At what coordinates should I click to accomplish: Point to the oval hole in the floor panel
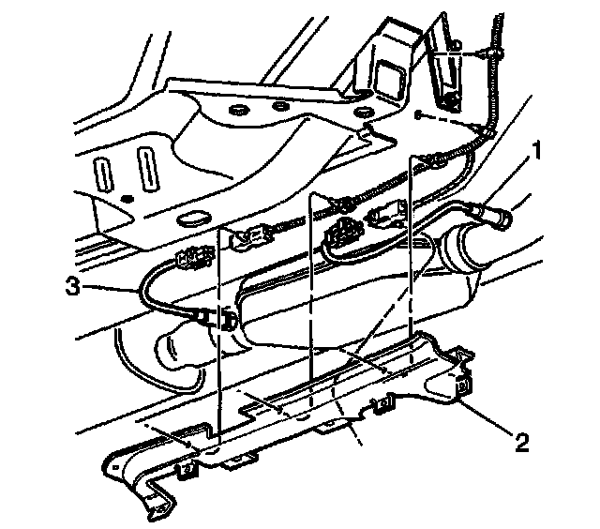click(x=192, y=219)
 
